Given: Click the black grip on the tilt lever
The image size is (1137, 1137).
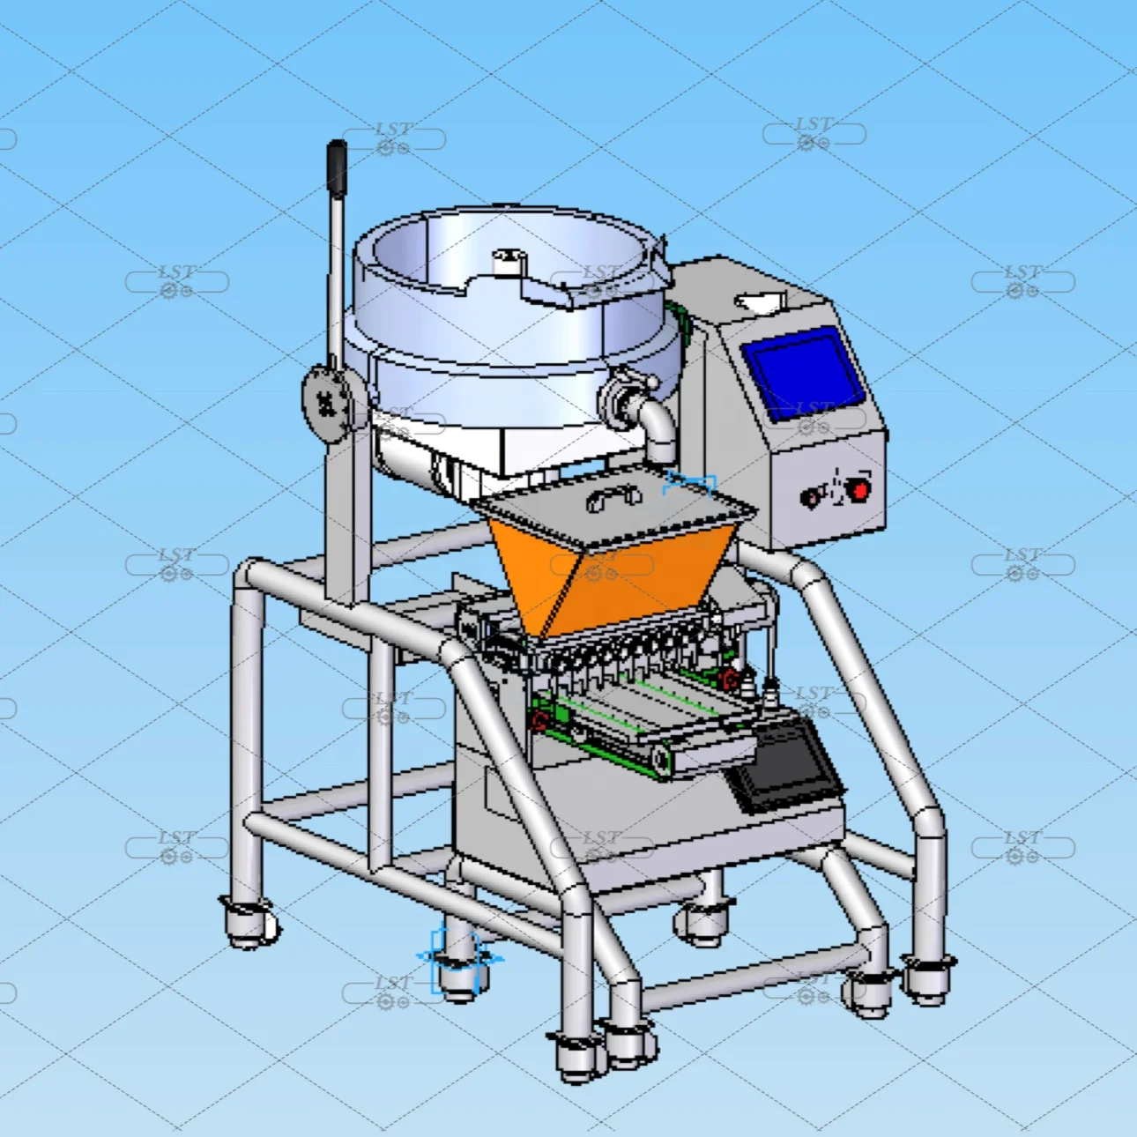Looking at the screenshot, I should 337,167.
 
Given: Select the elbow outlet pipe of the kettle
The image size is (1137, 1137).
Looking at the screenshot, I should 658,427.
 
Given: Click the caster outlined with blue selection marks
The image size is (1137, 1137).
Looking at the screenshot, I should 457,965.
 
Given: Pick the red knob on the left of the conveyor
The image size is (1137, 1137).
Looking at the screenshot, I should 539,721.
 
